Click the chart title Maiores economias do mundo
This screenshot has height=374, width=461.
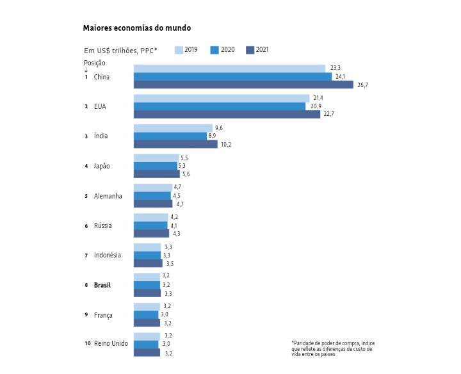[x=136, y=28]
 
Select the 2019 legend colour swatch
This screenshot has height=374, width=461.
[x=179, y=50]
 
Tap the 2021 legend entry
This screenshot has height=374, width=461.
[x=257, y=50]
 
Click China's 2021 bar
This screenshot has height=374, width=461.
[x=243, y=85]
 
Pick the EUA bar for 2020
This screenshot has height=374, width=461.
[x=219, y=106]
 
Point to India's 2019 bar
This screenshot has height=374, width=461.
[x=173, y=128]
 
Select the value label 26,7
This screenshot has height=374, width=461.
[x=362, y=85]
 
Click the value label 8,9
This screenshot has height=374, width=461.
[x=212, y=136]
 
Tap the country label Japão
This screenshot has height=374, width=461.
[x=102, y=166]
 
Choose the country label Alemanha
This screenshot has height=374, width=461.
[x=108, y=196]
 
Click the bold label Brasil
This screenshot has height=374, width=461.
[x=102, y=285]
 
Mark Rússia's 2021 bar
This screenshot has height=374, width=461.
[x=151, y=234]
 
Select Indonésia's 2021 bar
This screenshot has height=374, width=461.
[x=148, y=263]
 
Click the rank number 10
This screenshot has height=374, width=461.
[x=88, y=344]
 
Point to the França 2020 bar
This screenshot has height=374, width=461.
[x=146, y=314]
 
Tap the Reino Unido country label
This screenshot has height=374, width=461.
[x=111, y=344]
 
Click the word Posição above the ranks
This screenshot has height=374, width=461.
[x=95, y=63]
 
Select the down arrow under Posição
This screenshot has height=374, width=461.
[x=86, y=70]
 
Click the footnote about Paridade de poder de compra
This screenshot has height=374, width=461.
[x=332, y=348]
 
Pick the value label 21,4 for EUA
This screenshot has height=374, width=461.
[x=318, y=98]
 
